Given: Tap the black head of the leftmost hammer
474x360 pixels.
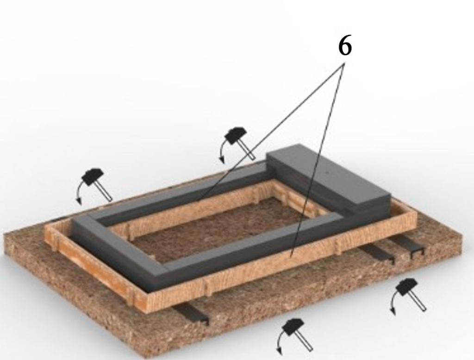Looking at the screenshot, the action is coord(93,177).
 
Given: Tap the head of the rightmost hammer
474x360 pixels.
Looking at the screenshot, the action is coord(406,286).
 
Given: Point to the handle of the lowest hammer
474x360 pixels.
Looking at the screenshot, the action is coord(305,341).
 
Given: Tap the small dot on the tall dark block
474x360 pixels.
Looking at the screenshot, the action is coord(326,173).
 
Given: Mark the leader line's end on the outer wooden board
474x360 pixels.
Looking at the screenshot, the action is coord(291,257).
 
